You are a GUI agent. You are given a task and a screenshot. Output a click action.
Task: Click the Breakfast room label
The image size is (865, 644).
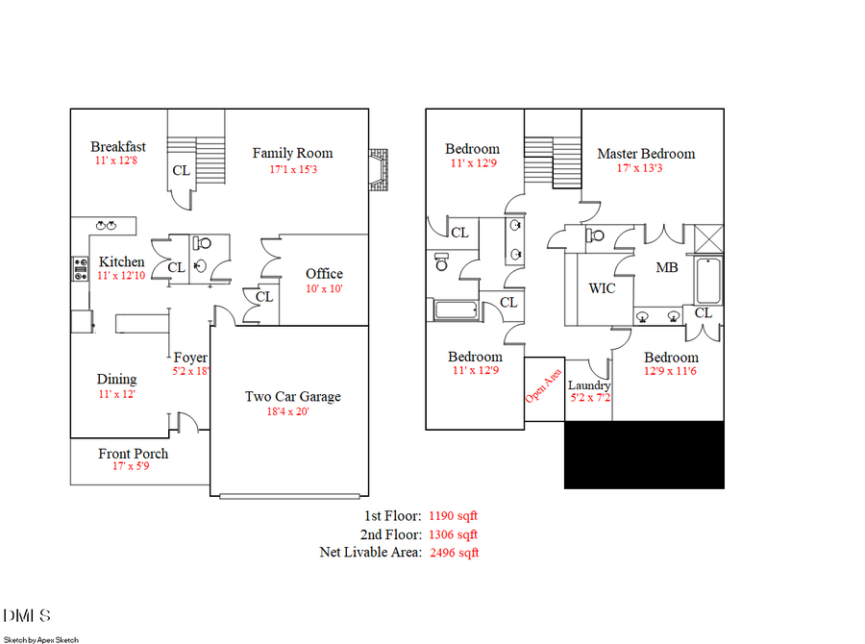118,147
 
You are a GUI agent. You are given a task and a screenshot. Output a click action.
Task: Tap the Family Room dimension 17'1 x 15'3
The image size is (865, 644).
292,170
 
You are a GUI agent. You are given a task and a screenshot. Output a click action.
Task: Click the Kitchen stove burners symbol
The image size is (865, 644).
79,267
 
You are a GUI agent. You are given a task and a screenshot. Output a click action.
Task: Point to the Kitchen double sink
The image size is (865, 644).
105,226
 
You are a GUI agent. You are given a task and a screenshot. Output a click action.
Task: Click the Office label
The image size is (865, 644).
324,274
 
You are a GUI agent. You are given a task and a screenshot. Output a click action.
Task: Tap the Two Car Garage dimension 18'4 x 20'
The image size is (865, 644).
292,412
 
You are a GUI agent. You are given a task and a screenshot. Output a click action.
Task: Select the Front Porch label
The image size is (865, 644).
133,454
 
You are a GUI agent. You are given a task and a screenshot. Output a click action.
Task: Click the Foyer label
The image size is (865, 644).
190,358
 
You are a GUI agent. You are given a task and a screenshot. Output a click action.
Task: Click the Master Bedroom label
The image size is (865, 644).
646,154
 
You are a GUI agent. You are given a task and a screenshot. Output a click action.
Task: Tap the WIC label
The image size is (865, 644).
602,288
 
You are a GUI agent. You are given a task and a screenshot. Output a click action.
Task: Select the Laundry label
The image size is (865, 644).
589,385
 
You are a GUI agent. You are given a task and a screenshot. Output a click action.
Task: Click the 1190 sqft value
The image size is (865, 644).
453,516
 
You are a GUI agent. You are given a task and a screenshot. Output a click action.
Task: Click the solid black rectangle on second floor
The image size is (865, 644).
643,454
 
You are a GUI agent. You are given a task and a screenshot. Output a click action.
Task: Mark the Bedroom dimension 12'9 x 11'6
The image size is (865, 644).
671,373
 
